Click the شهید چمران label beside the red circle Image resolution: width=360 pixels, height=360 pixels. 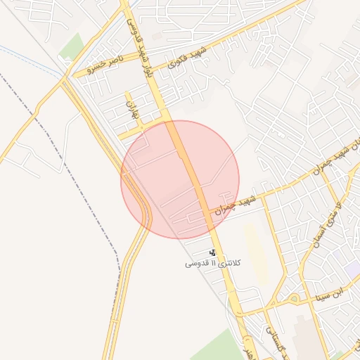click(x=236, y=205)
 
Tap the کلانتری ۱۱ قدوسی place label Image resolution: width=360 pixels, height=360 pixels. click(x=212, y=263)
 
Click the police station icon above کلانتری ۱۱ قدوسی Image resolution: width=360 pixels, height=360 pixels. click(x=213, y=252)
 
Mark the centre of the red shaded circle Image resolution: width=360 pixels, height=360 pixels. click(x=180, y=179)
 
